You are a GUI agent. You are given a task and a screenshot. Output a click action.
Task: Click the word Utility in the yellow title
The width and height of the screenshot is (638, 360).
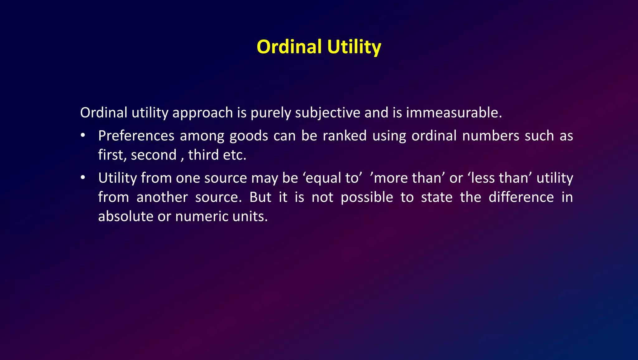354,47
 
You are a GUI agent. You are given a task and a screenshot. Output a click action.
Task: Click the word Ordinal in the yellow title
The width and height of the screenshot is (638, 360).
289,47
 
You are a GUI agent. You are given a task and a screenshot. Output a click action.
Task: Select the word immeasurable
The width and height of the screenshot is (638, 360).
454,113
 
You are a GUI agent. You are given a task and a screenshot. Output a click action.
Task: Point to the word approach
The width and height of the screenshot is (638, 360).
202,113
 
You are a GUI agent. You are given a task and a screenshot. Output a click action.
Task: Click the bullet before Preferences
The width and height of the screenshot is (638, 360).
83,136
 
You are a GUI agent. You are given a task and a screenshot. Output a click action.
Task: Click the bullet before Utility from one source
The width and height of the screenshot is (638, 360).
83,178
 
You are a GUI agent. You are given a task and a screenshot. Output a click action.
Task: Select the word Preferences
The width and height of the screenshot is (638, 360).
136,136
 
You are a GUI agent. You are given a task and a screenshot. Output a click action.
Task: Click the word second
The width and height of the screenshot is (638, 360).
154,155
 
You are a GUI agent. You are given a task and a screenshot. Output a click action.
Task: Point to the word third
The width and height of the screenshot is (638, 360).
203,155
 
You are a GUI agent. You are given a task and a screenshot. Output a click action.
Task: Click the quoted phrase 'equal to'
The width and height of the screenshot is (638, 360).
332,178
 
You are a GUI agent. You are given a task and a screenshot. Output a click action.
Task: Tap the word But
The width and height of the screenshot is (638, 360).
260,197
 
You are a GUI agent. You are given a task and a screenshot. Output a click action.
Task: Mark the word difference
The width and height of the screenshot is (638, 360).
521,197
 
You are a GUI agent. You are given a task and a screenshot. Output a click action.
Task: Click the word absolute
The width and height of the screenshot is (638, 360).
125,216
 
